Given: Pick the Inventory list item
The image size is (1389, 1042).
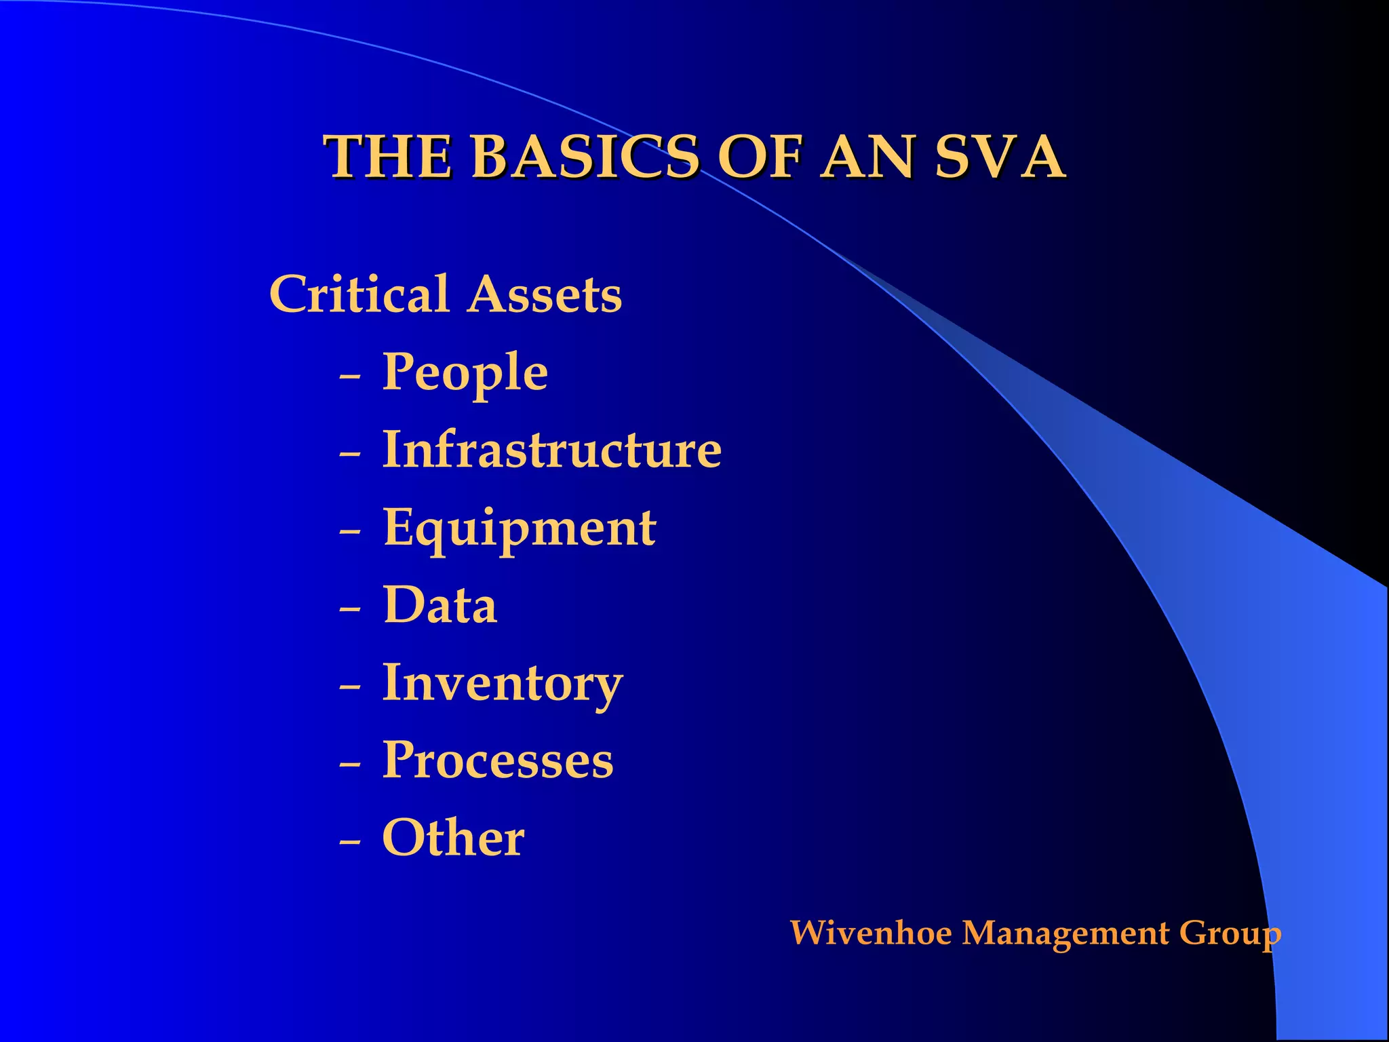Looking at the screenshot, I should point(503,683).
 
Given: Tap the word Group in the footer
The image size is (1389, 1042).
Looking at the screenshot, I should point(1230,933).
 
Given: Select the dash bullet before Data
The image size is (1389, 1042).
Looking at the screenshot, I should point(350,609).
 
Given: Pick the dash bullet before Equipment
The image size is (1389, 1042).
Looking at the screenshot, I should point(350,530).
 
